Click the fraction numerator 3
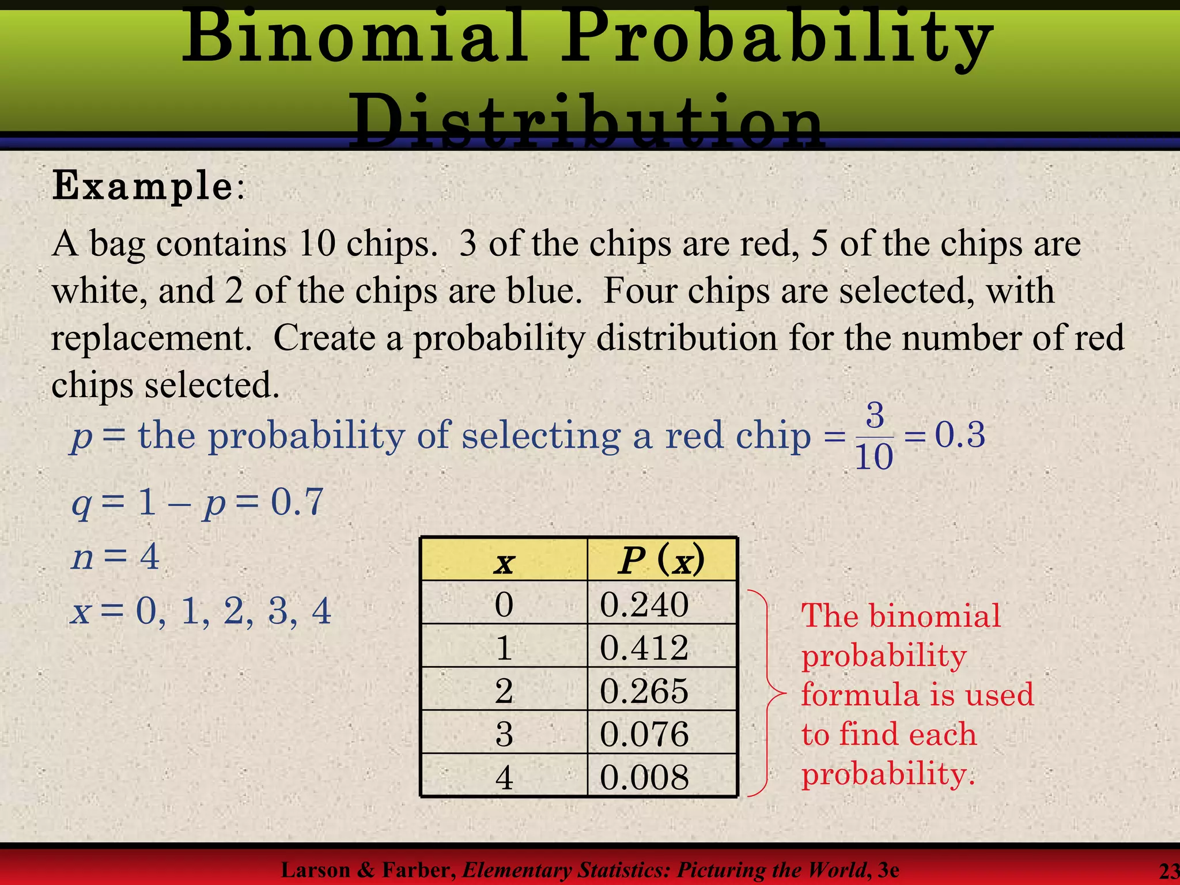click(875, 415)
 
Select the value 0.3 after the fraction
click(960, 435)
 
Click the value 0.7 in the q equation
click(297, 502)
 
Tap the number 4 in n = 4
click(149, 557)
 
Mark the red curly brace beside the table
click(766, 691)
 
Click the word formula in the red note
click(856, 694)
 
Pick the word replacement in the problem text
click(152, 338)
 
